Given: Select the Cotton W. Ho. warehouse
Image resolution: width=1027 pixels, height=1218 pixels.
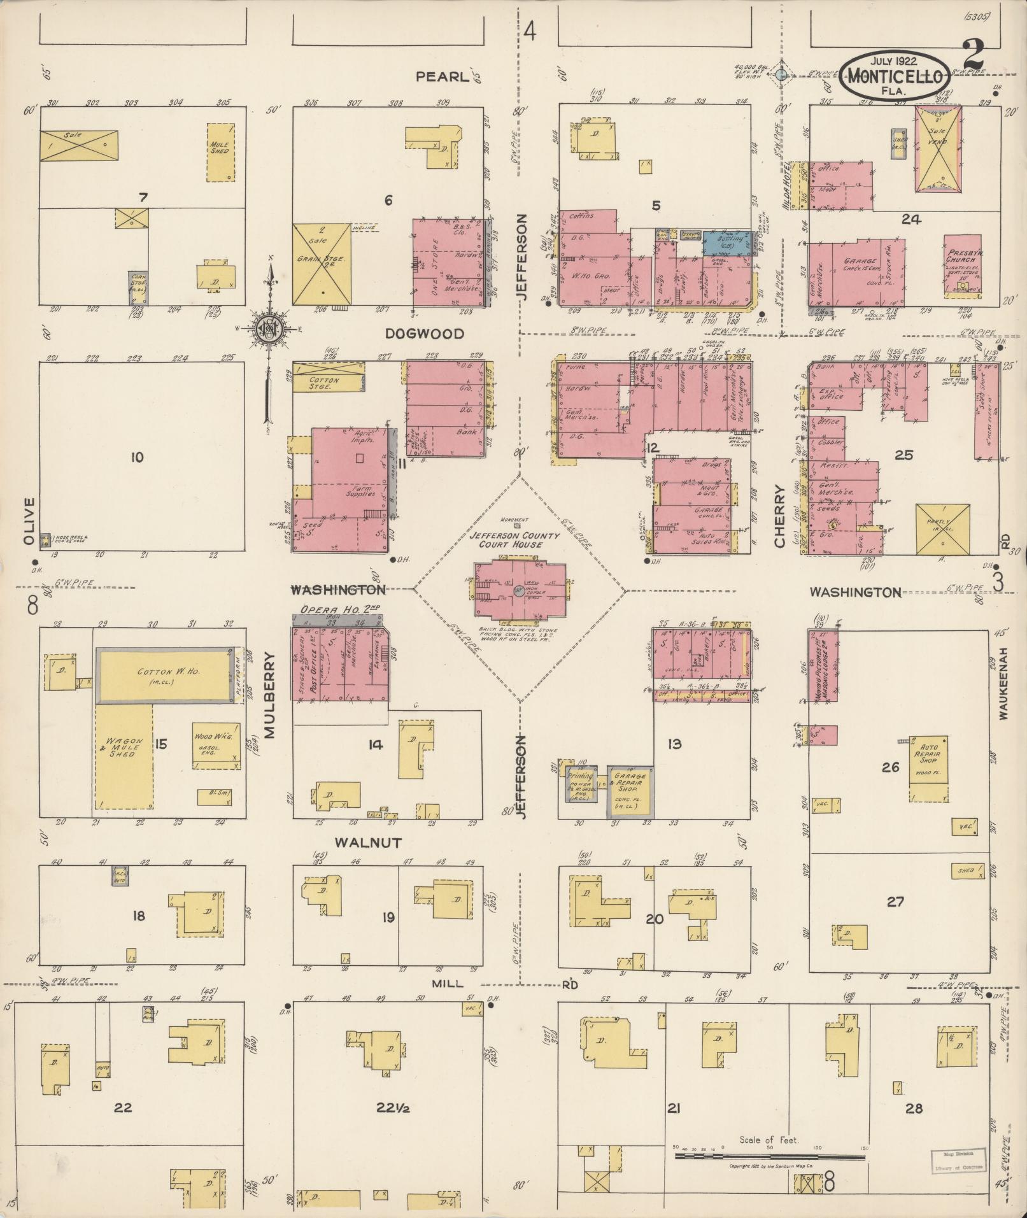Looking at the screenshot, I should (164, 675).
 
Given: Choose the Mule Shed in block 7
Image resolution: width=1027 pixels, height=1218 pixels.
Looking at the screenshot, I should (220, 152).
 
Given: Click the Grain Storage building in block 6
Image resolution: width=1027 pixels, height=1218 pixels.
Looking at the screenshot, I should (321, 264).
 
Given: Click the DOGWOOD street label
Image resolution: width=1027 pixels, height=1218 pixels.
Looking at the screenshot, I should (424, 334).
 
